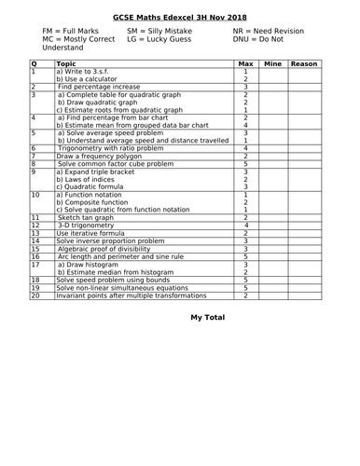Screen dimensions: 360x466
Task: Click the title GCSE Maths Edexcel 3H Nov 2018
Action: tap(179, 18)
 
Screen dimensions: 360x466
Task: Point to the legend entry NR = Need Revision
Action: tap(270, 31)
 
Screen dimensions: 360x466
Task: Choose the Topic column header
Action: tap(67, 63)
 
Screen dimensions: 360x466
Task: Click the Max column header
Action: tap(245, 63)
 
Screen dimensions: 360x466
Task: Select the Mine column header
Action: tap(272, 63)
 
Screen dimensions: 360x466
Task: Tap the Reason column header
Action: tap(304, 63)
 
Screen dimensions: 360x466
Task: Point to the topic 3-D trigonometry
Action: tap(89, 225)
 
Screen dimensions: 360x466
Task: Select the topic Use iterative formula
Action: tap(93, 232)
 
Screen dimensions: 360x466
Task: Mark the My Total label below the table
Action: tap(208, 318)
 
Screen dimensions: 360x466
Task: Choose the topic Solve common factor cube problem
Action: tap(115, 163)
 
